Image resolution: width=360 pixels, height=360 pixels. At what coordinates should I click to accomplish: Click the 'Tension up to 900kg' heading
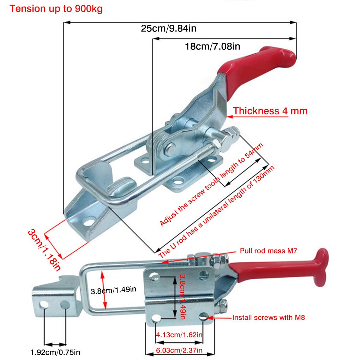click(56, 9)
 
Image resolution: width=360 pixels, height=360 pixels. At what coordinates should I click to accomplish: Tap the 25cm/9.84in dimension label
click(168, 29)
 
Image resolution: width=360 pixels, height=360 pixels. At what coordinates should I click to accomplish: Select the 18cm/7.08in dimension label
click(212, 46)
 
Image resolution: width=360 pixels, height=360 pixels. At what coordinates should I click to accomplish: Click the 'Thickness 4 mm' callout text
click(270, 111)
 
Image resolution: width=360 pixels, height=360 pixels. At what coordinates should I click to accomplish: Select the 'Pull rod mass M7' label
click(269, 251)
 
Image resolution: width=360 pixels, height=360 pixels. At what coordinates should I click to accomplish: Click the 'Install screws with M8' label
click(268, 317)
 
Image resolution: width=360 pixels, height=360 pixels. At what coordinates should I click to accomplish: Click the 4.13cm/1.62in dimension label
click(180, 335)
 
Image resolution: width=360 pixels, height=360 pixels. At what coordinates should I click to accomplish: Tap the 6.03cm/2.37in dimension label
click(180, 350)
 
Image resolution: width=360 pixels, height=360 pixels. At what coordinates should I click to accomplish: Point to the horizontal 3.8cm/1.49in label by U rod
click(113, 291)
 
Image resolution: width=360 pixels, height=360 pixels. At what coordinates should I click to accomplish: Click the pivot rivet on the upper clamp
click(169, 148)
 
